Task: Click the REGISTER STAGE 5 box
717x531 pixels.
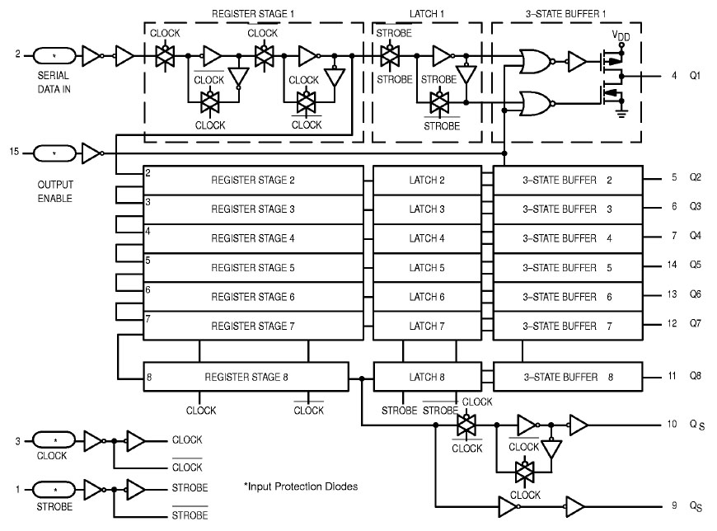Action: click(253, 268)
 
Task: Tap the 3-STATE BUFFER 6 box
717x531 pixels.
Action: click(568, 297)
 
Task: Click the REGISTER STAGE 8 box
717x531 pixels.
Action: click(246, 378)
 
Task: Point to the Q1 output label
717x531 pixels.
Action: click(695, 77)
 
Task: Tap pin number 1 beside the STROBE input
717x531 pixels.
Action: click(17, 487)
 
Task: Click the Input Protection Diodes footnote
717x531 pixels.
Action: click(301, 486)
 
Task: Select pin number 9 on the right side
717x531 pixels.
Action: click(673, 504)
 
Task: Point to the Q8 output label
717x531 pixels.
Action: click(695, 376)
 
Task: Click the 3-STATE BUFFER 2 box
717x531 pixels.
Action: click(568, 179)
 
